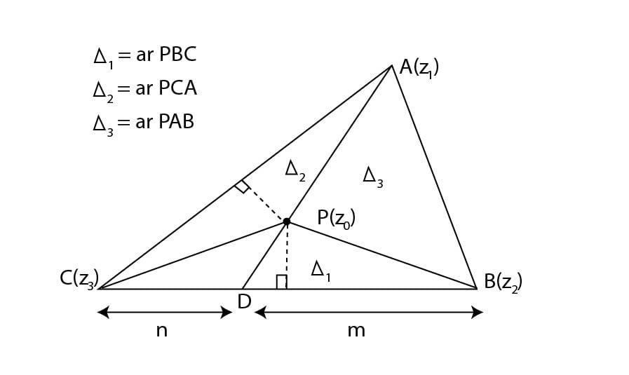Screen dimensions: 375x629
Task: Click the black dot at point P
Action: (287, 221)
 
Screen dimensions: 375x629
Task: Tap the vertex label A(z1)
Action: (419, 67)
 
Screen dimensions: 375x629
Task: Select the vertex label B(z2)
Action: (503, 282)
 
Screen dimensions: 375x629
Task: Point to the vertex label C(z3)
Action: (79, 279)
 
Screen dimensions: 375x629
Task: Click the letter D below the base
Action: (244, 302)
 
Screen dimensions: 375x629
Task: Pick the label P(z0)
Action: (336, 218)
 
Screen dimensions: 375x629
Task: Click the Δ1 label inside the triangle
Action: (320, 271)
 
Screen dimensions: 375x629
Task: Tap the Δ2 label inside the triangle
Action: (295, 170)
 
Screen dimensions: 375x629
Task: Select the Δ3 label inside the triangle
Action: (372, 176)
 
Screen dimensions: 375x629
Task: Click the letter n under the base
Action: (161, 330)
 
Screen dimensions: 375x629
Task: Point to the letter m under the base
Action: (356, 330)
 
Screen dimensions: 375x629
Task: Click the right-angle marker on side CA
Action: (242, 186)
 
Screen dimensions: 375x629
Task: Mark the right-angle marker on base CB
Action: (281, 282)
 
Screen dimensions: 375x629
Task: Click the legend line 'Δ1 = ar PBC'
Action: (144, 56)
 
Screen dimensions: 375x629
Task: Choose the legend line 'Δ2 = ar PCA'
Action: (144, 89)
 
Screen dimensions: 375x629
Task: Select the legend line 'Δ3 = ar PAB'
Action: (144, 123)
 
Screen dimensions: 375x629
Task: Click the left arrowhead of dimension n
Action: (102, 312)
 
